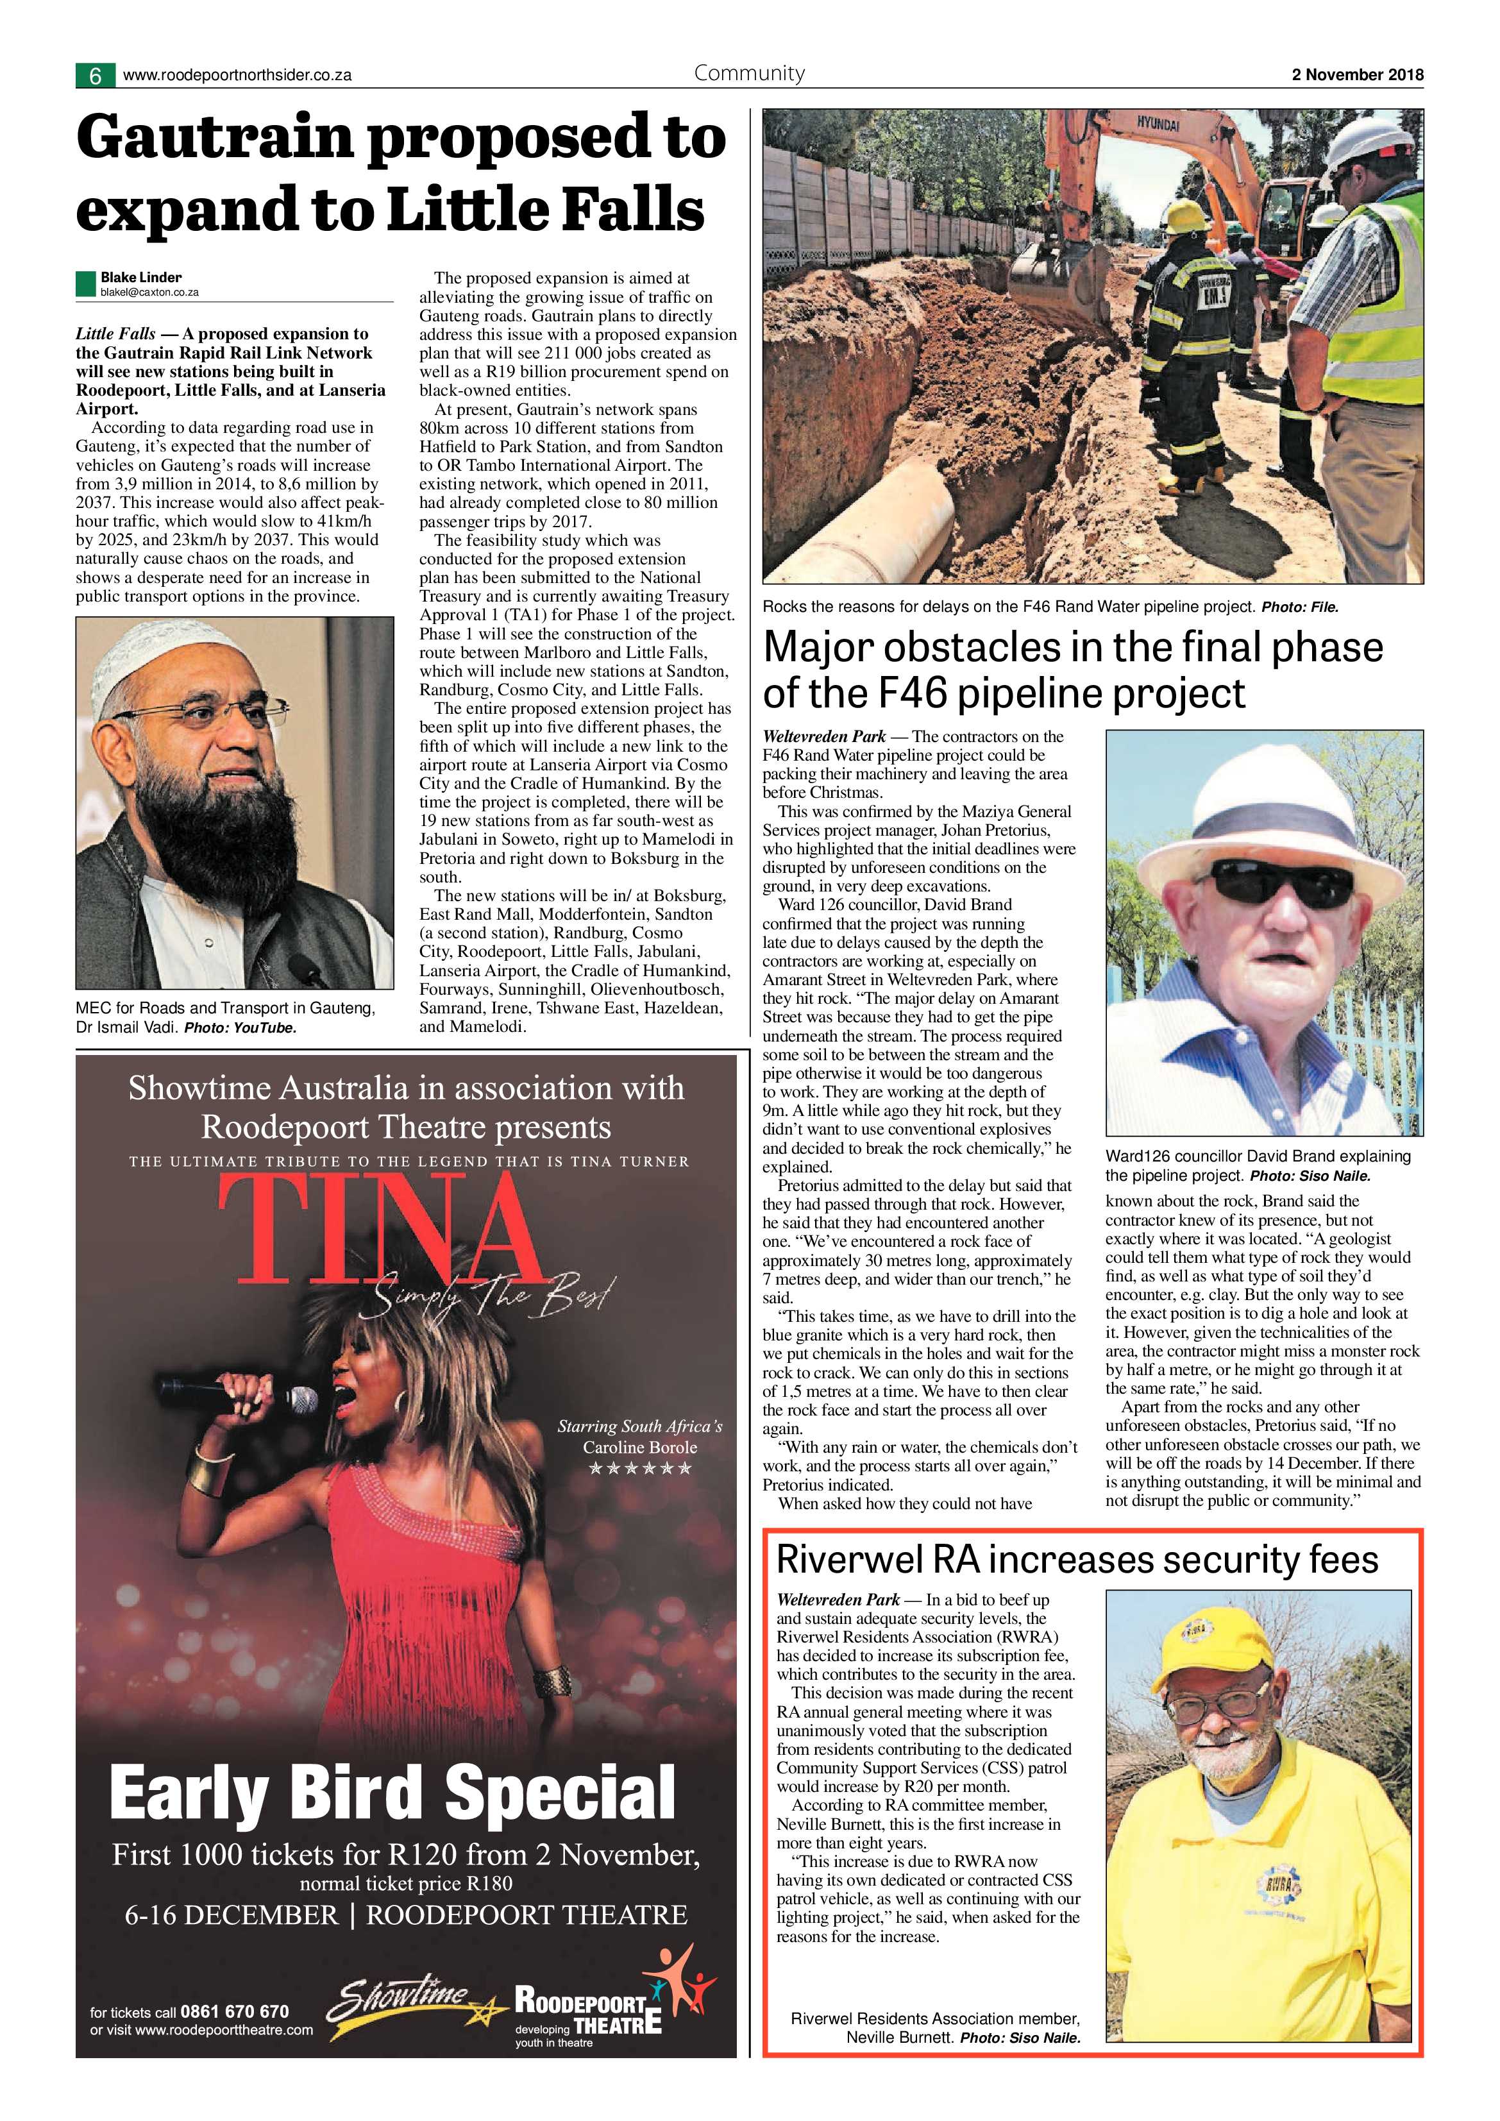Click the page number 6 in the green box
tap(95, 76)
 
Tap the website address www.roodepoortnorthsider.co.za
tap(237, 76)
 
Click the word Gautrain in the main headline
tap(215, 139)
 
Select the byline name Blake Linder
tap(140, 277)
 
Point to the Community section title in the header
tap(749, 73)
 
